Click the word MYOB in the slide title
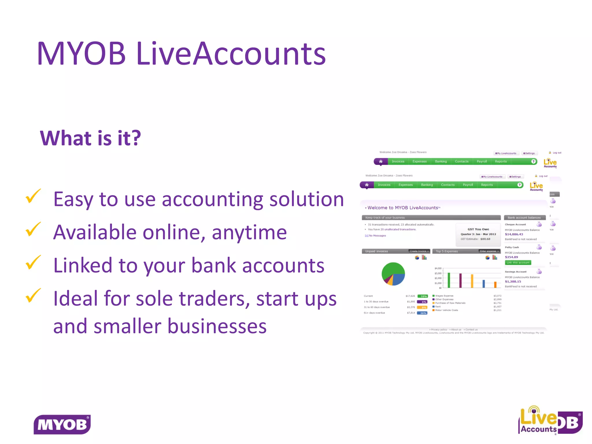(81, 54)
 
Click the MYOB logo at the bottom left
(62, 424)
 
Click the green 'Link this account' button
(518, 262)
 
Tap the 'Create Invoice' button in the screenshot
(419, 251)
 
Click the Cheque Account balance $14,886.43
(514, 234)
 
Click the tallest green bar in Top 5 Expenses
(449, 280)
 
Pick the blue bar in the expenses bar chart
(484, 284)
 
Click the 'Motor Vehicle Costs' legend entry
(446, 310)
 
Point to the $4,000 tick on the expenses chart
(438, 268)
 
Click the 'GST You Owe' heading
(478, 229)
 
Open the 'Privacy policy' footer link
(439, 330)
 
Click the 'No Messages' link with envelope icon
(377, 236)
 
